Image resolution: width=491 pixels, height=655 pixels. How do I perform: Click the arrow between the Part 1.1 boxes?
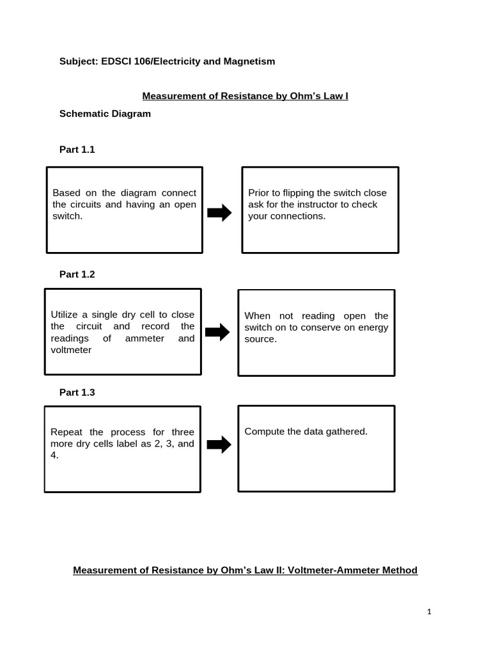(220, 214)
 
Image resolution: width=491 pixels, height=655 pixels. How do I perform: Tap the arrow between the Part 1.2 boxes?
(217, 332)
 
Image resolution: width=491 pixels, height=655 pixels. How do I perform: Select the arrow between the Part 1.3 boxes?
(219, 444)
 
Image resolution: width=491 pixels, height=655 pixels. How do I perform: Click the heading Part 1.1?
(77, 149)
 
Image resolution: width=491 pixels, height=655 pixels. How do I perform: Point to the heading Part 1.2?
(77, 274)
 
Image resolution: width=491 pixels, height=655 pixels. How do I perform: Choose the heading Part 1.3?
(77, 392)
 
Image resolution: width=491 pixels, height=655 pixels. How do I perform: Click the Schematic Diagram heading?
(105, 113)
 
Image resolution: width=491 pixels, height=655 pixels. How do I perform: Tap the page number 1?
(430, 612)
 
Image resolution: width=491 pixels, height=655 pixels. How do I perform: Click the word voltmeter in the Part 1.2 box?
(71, 350)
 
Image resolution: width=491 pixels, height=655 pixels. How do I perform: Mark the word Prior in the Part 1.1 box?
(258, 193)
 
